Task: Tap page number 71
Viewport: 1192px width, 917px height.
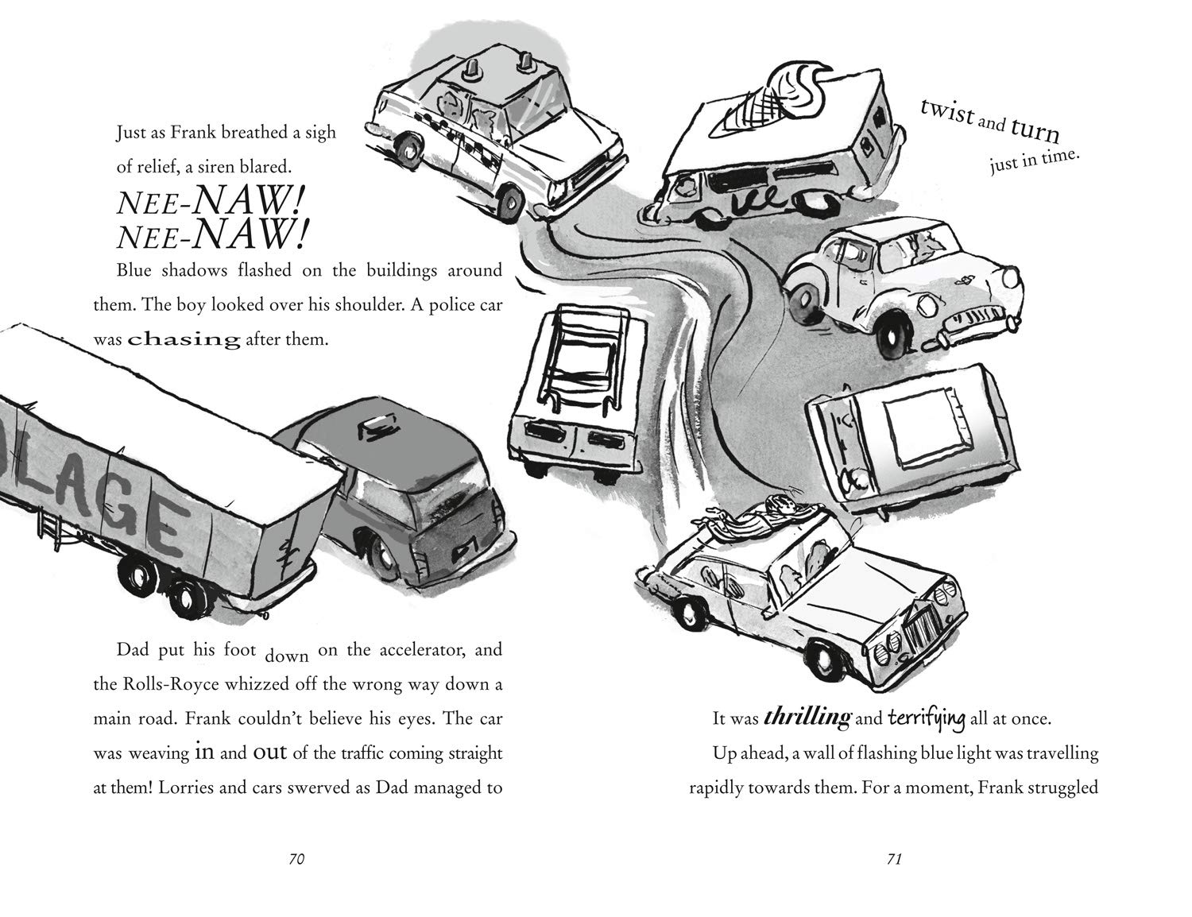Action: tap(893, 859)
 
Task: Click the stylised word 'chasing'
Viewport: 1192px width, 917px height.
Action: tap(184, 340)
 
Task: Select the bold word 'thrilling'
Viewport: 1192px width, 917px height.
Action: tap(806, 718)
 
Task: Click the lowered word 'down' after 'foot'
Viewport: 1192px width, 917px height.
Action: tap(286, 657)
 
